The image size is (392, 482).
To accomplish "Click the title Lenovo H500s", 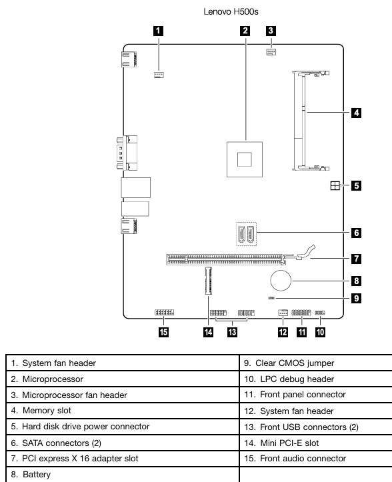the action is [231, 12].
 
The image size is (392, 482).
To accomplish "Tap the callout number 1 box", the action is [159, 31].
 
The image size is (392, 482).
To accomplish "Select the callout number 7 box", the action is [357, 259].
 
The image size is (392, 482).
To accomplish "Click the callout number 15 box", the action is [163, 332].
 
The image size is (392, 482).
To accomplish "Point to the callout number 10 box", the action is [320, 332].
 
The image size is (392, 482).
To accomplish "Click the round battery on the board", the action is [281, 281].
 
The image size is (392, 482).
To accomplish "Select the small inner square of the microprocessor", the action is [245, 159].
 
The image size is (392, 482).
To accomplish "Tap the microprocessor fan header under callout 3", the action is [271, 51].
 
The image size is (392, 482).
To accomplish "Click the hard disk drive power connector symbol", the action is [335, 186].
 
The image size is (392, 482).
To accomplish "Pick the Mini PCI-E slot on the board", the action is [208, 281].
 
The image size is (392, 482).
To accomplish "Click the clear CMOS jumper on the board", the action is [271, 298].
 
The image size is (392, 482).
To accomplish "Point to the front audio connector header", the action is [164, 313].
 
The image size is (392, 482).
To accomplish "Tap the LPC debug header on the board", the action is [320, 313].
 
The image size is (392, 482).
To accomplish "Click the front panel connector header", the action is [301, 313].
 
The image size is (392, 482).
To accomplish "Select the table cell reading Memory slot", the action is [123, 411].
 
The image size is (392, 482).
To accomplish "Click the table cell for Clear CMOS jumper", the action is [316, 363].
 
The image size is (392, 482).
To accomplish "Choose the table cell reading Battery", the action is [123, 474].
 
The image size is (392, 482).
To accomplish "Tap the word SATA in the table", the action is [33, 443].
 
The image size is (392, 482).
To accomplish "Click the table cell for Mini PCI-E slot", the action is [316, 443].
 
